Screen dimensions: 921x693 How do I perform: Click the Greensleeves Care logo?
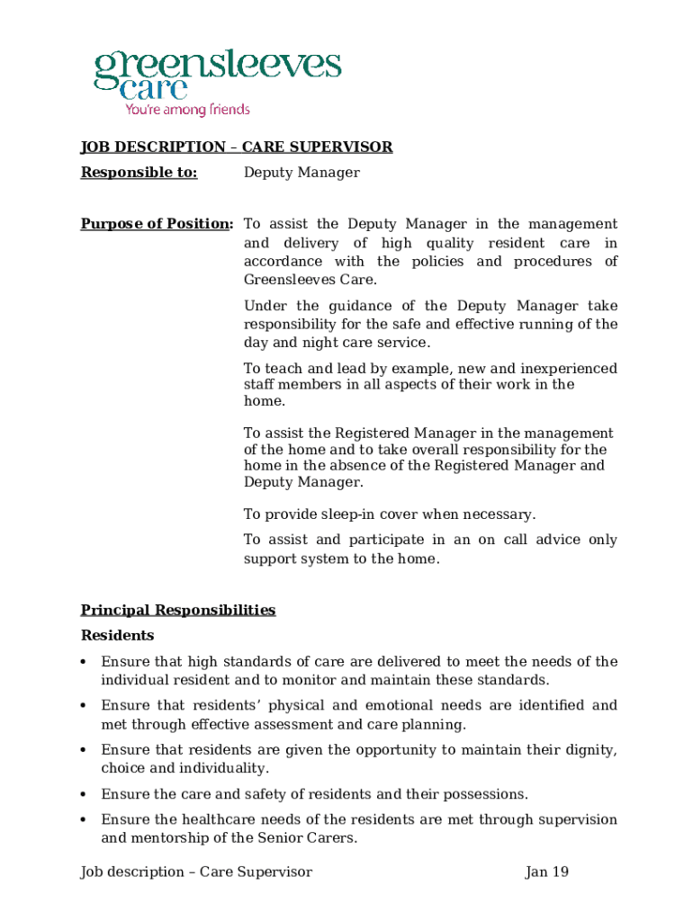coord(217,76)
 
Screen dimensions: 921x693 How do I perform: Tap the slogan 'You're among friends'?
coord(187,110)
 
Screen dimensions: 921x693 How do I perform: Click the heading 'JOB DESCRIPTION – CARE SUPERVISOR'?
coord(237,147)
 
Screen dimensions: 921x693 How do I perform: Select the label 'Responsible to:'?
coord(139,173)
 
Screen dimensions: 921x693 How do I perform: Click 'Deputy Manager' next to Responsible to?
coord(301,173)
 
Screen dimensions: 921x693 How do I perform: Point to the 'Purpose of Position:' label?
coord(157,224)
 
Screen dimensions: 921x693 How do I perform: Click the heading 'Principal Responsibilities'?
coord(178,610)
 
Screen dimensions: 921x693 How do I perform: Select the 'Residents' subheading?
coord(118,636)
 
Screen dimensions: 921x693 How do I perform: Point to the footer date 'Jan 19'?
coord(546,872)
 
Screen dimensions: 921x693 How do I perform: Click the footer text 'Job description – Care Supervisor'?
coord(196,872)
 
